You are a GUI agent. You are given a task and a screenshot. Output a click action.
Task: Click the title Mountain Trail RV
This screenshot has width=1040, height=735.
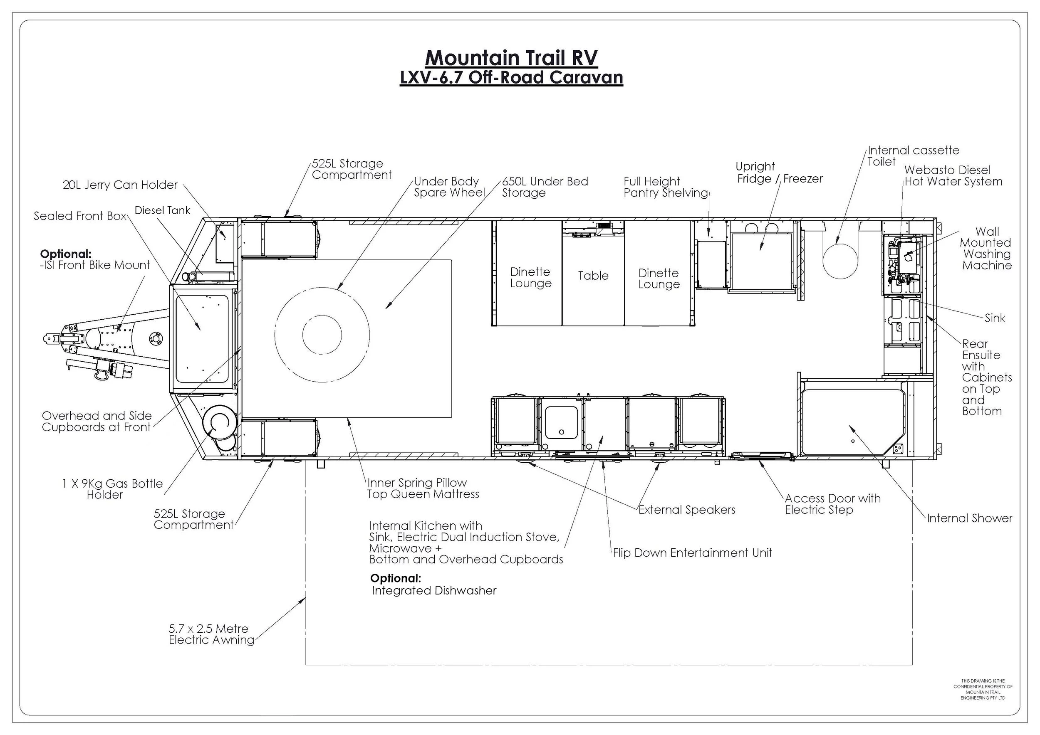click(x=511, y=58)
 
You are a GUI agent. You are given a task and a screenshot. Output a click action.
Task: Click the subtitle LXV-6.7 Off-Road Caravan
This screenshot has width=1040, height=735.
click(x=511, y=78)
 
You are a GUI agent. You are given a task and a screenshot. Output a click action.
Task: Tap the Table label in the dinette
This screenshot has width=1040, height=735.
click(x=593, y=276)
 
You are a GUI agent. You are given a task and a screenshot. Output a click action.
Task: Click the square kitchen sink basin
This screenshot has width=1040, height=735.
click(x=561, y=423)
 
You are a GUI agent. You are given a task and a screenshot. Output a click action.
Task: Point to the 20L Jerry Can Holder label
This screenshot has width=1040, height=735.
click(x=120, y=185)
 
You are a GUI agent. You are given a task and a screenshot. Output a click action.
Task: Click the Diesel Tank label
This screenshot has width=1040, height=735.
click(x=163, y=210)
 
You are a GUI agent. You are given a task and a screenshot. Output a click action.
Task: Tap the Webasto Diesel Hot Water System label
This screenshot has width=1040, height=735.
click(x=953, y=176)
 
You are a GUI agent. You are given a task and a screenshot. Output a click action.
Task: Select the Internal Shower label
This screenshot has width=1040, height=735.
click(x=970, y=518)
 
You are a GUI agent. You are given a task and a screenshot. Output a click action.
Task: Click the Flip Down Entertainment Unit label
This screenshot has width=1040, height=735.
click(x=693, y=552)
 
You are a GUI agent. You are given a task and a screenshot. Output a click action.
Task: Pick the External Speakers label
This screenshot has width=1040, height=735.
click(x=687, y=510)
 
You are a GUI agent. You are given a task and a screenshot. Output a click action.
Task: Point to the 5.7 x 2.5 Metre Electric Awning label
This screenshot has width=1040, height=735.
click(x=211, y=634)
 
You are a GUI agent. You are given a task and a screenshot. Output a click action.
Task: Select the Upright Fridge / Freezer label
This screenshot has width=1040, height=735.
click(x=780, y=173)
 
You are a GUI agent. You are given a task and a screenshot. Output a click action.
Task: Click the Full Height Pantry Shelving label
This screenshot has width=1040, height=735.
click(x=666, y=187)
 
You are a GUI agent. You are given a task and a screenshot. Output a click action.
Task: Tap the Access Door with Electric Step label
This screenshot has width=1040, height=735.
click(x=833, y=504)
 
